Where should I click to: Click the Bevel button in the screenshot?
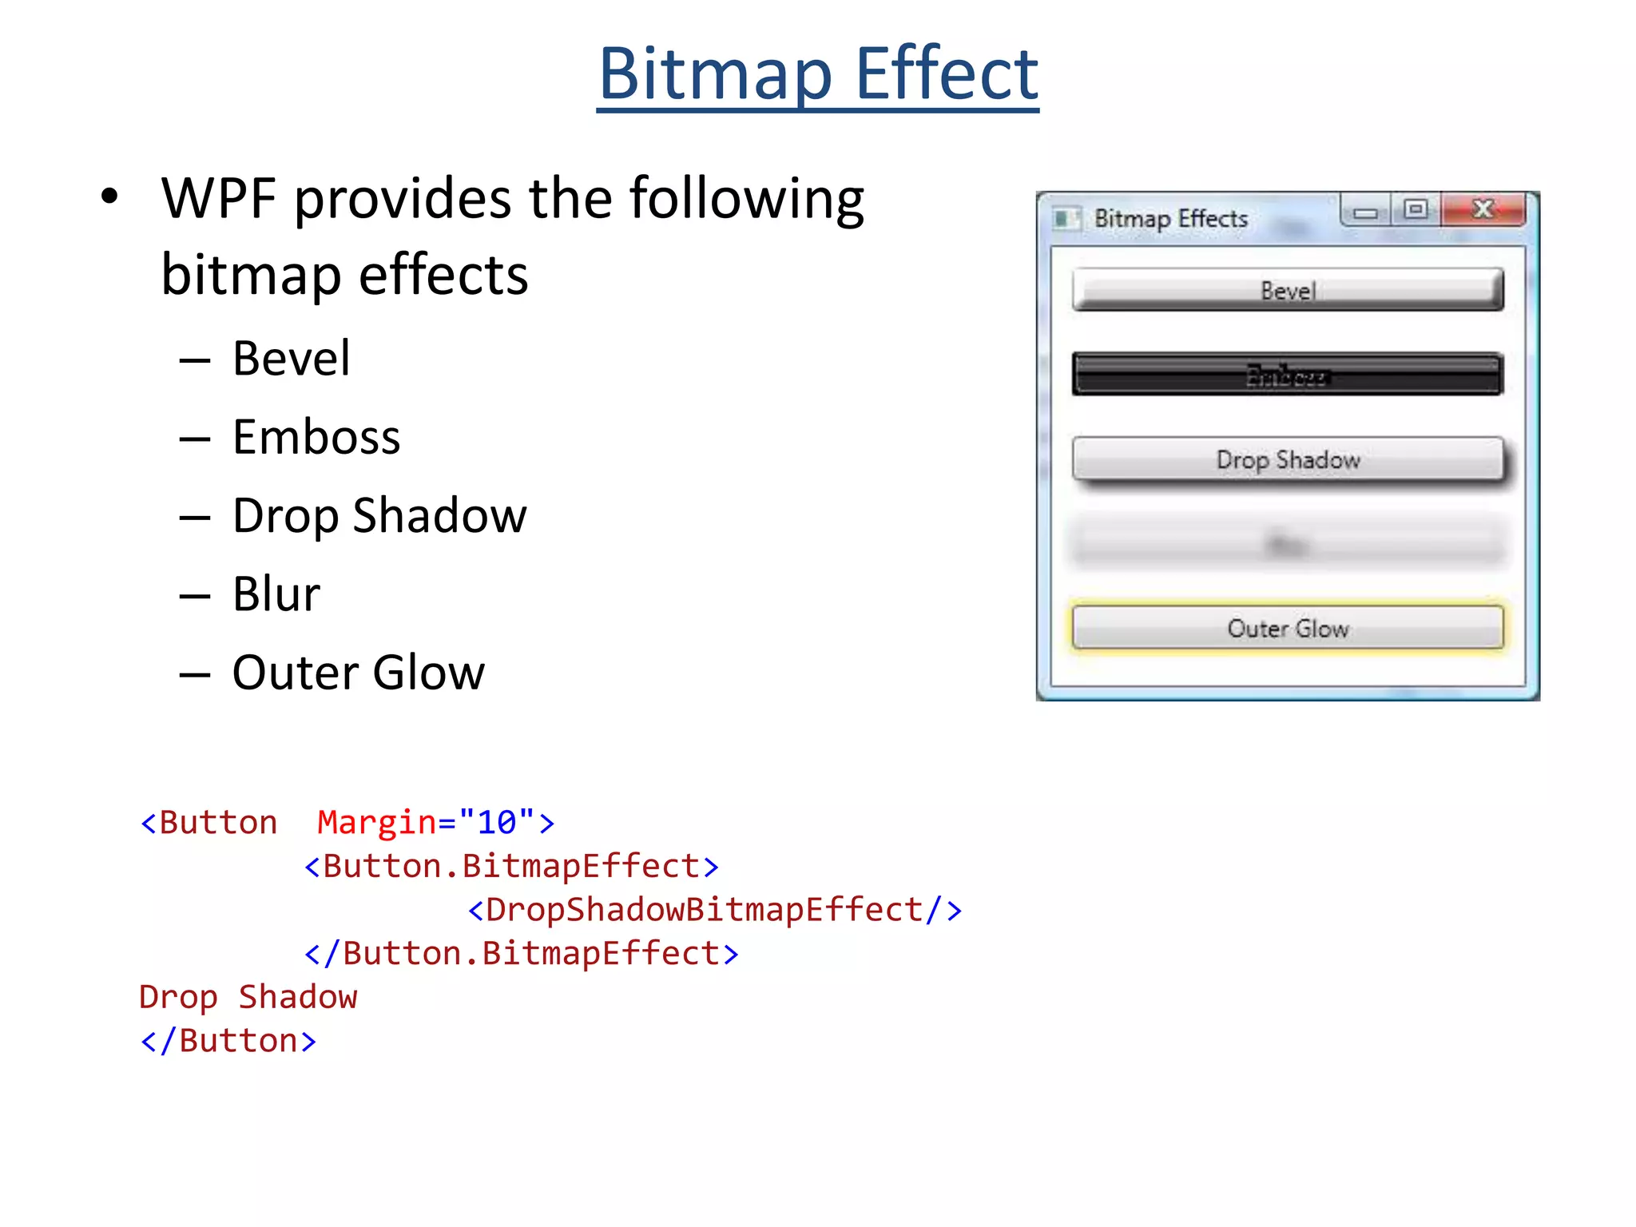pyautogui.click(x=1287, y=290)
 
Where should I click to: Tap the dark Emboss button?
pyautogui.click(x=1287, y=375)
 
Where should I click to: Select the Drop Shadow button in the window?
pyautogui.click(x=1287, y=459)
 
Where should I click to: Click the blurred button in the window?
pyautogui.click(x=1287, y=545)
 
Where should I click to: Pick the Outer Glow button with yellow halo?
pyautogui.click(x=1287, y=628)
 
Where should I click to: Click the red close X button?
pyautogui.click(x=1483, y=210)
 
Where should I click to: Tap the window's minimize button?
pyautogui.click(x=1365, y=212)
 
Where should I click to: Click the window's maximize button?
pyautogui.click(x=1416, y=210)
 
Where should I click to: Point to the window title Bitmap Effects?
pyautogui.click(x=1170, y=218)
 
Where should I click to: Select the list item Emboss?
pyautogui.click(x=316, y=437)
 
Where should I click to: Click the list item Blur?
pyautogui.click(x=276, y=594)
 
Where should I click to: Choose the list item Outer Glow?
pyautogui.click(x=358, y=672)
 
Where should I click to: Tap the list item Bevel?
pyautogui.click(x=291, y=358)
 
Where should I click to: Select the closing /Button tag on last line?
pyautogui.click(x=228, y=1041)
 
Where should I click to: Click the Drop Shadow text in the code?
pyautogui.click(x=248, y=997)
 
